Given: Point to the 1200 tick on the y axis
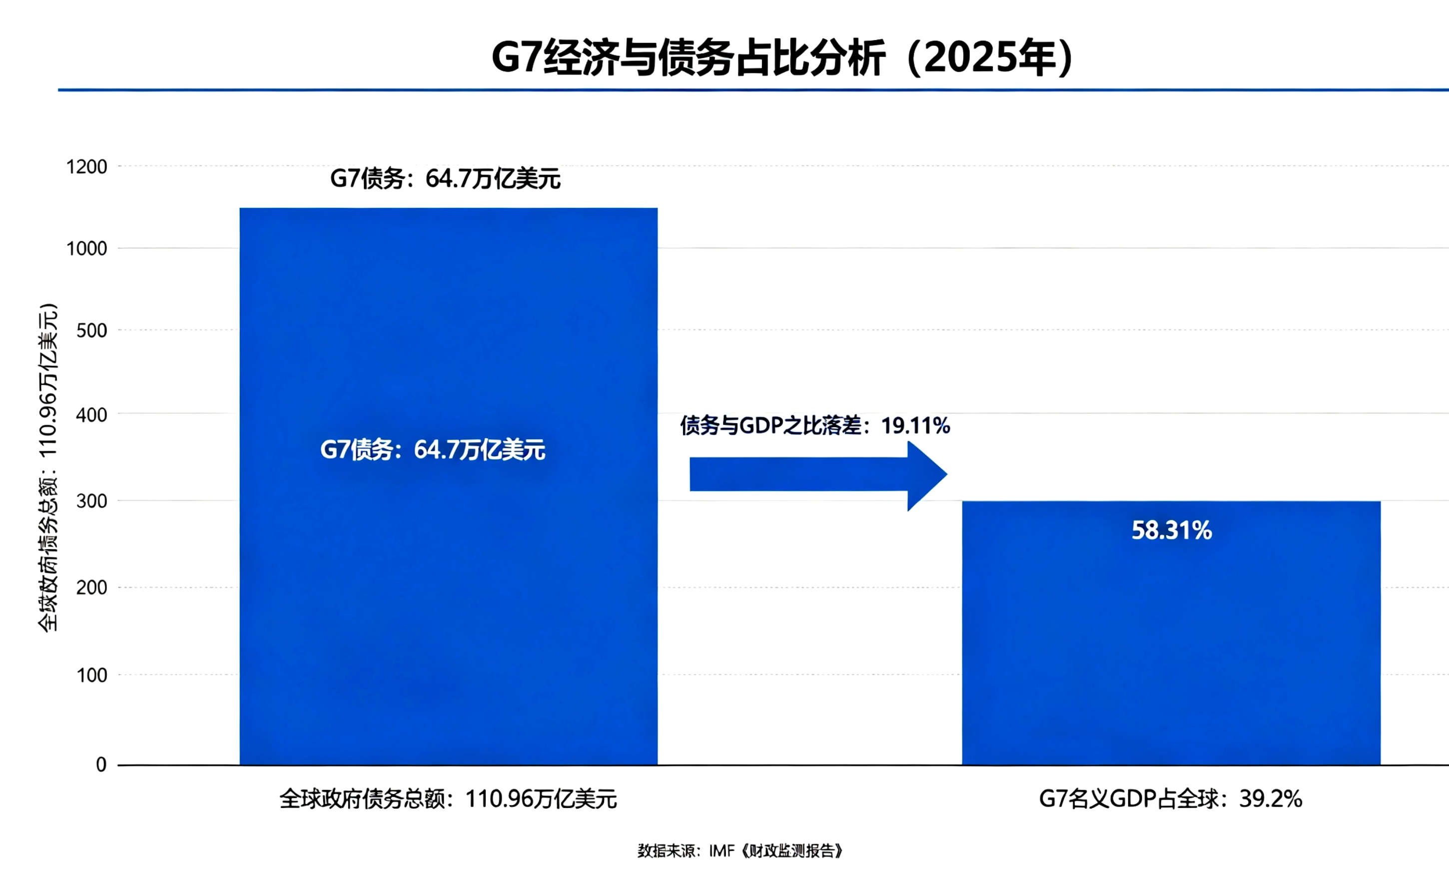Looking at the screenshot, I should coord(86,167).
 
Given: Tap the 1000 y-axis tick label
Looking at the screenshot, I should coord(86,249).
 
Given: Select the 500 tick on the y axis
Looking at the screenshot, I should coord(91,331).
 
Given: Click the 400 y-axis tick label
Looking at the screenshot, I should coord(91,415).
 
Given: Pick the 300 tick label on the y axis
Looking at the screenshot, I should coord(91,501).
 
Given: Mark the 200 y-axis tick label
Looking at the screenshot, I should coord(91,588).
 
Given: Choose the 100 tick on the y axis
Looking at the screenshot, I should coord(91,675).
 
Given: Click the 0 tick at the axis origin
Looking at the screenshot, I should coord(101,764).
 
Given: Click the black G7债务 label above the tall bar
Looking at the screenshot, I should coord(445,178).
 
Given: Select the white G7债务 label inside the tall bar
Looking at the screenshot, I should coord(432,450).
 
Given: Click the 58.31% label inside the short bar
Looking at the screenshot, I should coord(1171,530).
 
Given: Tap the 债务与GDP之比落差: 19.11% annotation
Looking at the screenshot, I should coord(814,425).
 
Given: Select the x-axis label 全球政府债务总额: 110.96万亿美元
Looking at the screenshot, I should coord(448,799).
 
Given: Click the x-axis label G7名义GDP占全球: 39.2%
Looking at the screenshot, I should coord(1170,799).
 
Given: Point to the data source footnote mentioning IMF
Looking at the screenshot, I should coord(740,851).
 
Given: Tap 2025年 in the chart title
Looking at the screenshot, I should coord(995,58).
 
